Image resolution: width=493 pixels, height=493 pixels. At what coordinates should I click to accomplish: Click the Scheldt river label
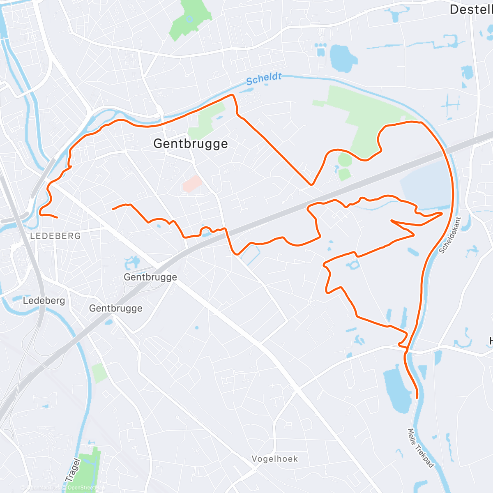tap(264, 78)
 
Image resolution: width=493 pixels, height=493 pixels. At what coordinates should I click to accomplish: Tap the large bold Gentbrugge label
tap(191, 144)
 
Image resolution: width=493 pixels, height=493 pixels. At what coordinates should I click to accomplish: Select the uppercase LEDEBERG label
tap(55, 236)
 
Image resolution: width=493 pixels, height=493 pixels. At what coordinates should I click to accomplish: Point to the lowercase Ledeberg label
tap(44, 301)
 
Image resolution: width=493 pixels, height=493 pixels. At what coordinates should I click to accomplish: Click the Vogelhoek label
tap(275, 459)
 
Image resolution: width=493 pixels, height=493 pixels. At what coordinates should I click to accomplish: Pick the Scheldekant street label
tap(450, 235)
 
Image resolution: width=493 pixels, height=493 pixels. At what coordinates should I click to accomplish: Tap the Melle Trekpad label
tap(421, 448)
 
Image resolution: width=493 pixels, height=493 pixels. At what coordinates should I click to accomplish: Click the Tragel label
tap(72, 470)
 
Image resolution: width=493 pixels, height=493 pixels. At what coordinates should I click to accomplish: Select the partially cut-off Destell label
tap(471, 9)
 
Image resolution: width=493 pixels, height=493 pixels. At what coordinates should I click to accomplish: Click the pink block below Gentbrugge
tap(192, 184)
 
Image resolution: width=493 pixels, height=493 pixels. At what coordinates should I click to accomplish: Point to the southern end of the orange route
tap(417, 397)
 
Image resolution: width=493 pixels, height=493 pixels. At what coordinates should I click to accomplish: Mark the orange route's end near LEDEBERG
tap(56, 217)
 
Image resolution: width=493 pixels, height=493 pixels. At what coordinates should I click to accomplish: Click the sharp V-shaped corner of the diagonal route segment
tap(311, 184)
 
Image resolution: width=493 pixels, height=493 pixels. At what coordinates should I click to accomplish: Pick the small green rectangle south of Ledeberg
tap(99, 373)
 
